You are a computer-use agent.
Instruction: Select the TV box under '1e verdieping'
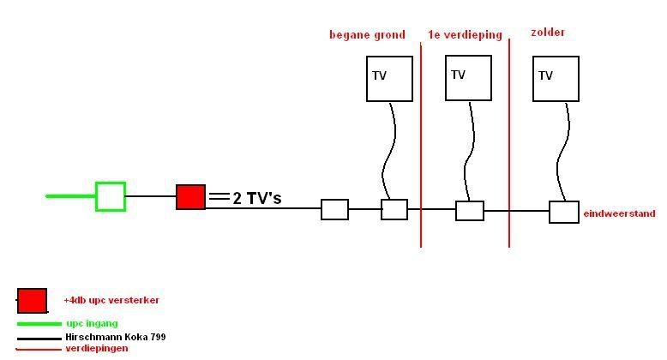click(468, 78)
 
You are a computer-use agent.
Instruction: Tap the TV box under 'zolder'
click(555, 79)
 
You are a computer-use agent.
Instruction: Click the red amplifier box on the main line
click(191, 197)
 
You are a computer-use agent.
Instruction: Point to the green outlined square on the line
click(111, 196)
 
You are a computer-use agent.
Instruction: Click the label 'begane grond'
click(366, 35)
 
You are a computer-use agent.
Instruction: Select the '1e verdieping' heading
click(465, 35)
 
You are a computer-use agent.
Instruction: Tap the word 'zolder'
click(548, 33)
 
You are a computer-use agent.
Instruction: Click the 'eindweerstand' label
click(619, 213)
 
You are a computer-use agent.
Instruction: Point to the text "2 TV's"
click(256, 199)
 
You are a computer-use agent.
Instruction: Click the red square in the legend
click(33, 301)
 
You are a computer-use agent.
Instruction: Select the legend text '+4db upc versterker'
click(111, 301)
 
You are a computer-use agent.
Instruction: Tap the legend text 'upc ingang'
click(92, 323)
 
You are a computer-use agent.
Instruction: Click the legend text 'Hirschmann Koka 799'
click(116, 337)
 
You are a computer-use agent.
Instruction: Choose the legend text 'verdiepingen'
click(97, 348)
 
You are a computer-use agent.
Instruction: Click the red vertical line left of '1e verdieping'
click(421, 146)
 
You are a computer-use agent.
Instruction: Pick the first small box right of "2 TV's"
click(334, 209)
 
